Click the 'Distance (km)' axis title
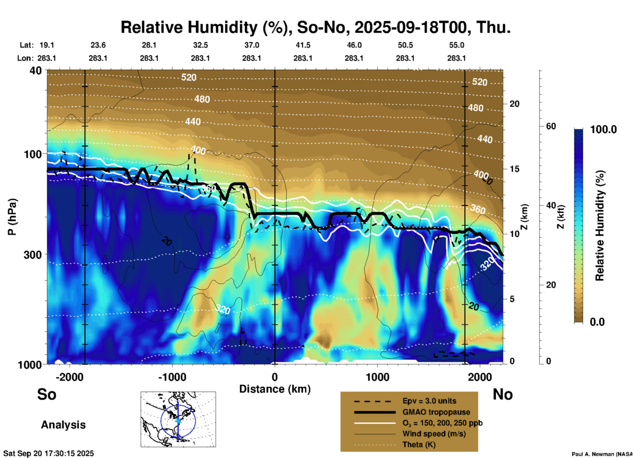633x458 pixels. [x=275, y=389]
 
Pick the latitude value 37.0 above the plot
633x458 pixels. [x=251, y=45]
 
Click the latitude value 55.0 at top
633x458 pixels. [x=457, y=45]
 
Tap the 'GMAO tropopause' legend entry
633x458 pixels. [x=436, y=412]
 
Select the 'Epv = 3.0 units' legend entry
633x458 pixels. [x=429, y=401]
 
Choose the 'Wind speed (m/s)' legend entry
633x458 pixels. [x=434, y=434]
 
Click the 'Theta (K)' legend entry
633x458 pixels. [x=419, y=445]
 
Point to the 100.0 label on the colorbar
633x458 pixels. [x=603, y=129]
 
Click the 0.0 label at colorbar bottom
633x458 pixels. [x=597, y=322]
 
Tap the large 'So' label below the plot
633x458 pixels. [x=47, y=394]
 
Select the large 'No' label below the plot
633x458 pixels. [x=503, y=394]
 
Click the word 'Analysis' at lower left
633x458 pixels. [x=63, y=425]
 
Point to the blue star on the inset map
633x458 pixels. [x=178, y=421]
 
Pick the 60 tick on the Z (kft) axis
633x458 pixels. [x=551, y=126]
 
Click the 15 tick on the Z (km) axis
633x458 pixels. [x=514, y=169]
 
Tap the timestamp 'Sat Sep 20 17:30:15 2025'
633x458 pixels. [x=48, y=453]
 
